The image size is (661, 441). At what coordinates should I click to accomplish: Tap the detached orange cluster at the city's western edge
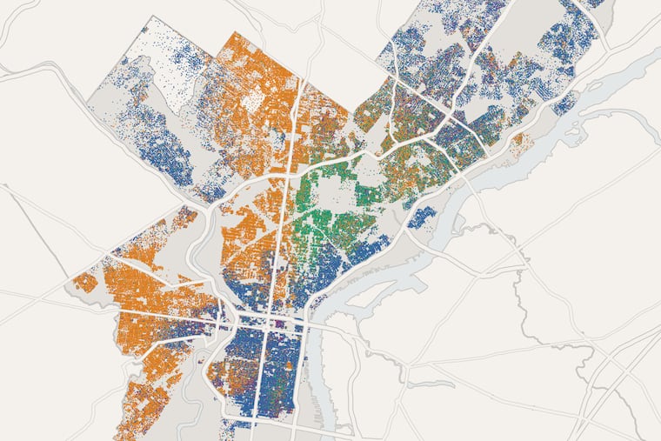point(84,283)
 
